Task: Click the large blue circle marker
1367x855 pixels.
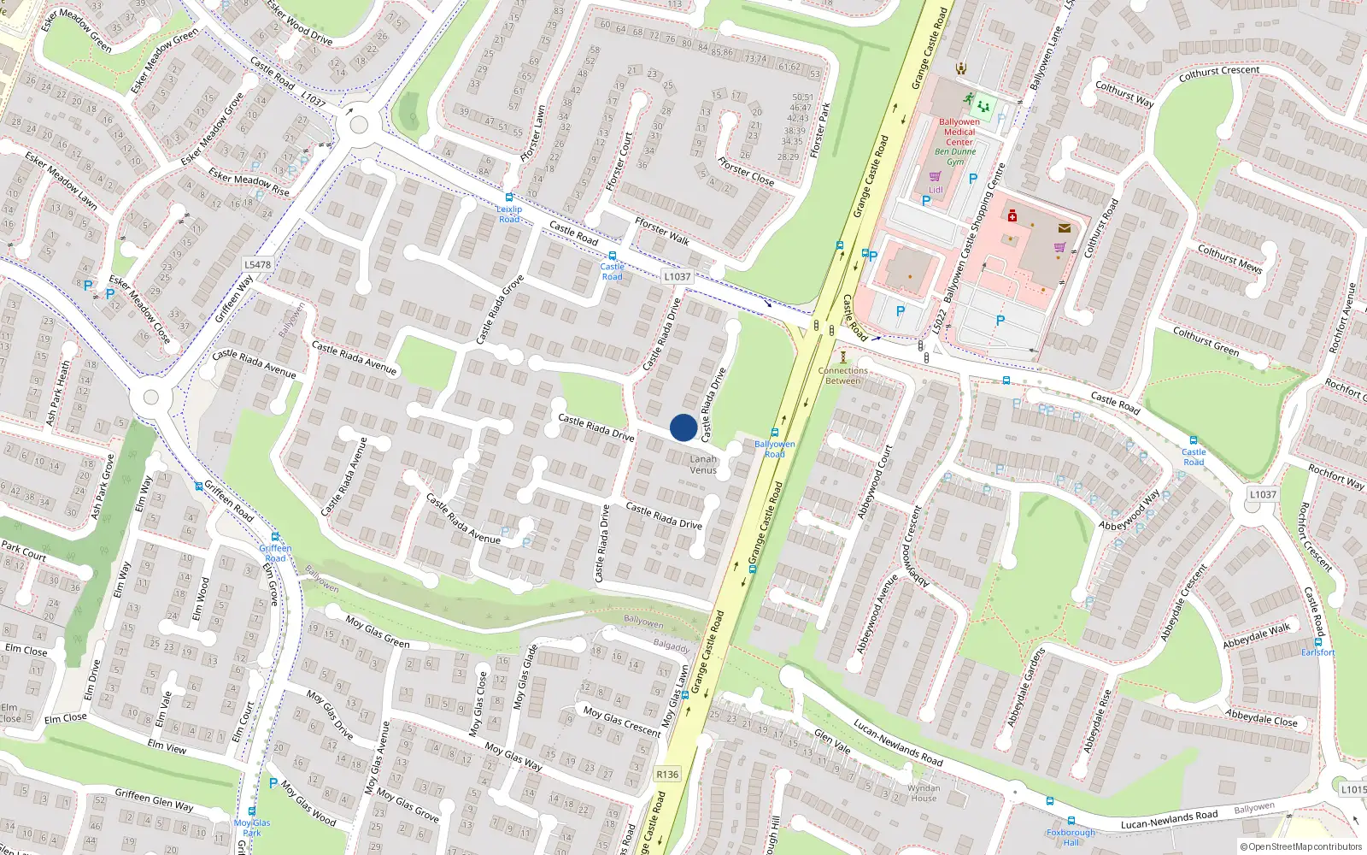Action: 683,427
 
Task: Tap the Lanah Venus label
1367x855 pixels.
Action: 703,464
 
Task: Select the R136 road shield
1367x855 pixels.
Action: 667,775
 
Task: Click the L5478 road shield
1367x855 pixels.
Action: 257,265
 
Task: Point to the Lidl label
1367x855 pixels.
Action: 936,190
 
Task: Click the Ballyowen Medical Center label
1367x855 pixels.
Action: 959,132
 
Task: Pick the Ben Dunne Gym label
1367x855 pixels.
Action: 955,156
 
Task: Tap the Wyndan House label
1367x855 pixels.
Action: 923,793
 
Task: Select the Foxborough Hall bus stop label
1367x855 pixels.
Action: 1071,837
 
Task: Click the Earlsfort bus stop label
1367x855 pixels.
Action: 1317,652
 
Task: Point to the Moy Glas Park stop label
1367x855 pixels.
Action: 252,828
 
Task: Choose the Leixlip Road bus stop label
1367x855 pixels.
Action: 509,214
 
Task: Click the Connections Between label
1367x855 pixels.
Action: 842,375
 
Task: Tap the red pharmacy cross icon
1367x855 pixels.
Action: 1012,216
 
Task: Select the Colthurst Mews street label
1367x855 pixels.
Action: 1229,258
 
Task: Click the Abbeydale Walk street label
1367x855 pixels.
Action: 1256,636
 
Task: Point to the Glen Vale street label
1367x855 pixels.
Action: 832,740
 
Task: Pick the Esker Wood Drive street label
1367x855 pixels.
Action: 299,22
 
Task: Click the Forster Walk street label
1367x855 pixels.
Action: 662,231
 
